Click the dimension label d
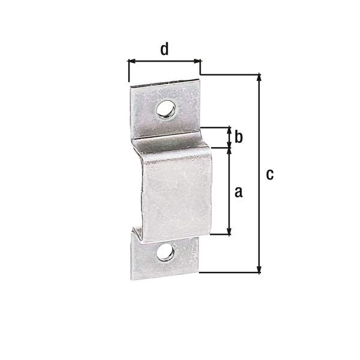(x=164, y=49)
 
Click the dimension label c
(x=270, y=174)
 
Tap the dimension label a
(x=238, y=192)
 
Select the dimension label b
(x=238, y=137)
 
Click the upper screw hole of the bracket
(x=165, y=109)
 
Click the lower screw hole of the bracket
(x=165, y=253)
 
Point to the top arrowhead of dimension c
(x=259, y=77)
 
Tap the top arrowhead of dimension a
(x=228, y=150)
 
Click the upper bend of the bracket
(x=171, y=144)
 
